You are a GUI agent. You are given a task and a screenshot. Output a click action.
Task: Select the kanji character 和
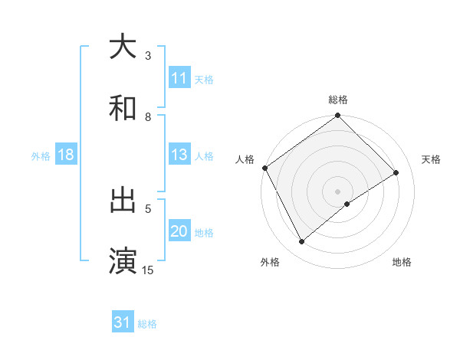[x=123, y=108]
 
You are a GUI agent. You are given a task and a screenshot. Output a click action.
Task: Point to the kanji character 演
[x=123, y=260]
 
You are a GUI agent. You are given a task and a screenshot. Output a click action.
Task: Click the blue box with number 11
[x=179, y=78]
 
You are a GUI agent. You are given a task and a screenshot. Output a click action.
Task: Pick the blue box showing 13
[x=179, y=155]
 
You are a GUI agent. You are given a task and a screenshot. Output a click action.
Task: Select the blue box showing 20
[x=179, y=232]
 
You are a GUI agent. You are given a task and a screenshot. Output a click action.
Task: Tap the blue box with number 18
[x=66, y=155]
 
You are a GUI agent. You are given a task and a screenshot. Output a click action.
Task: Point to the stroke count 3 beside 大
[x=148, y=55]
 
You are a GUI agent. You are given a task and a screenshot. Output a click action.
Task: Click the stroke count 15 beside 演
[x=148, y=270]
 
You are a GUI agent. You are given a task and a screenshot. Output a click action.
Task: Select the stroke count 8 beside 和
[x=148, y=117]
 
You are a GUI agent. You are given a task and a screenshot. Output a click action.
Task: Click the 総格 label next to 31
[x=148, y=324]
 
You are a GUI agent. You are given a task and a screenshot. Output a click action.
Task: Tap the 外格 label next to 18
[x=41, y=156]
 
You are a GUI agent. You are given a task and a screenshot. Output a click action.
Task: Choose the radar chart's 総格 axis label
[x=338, y=100]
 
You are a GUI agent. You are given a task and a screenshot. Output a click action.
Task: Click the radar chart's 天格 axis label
[x=432, y=159]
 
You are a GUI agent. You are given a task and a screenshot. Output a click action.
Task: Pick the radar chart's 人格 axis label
[x=245, y=159]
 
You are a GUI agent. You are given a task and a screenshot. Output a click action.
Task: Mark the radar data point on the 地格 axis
[x=347, y=204]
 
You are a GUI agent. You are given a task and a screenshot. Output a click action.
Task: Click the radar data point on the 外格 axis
[x=301, y=242]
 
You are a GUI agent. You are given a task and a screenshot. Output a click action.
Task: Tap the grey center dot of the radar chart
[x=338, y=191]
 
